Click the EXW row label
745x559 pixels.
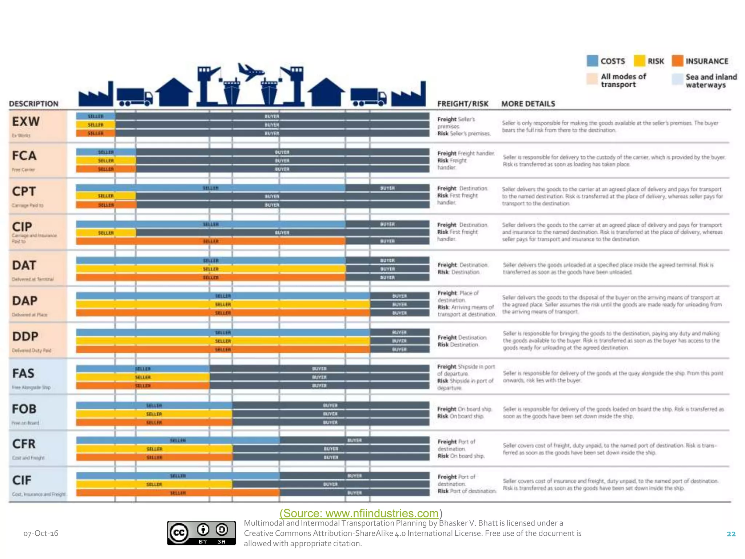click(25, 121)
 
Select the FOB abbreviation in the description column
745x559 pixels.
click(24, 409)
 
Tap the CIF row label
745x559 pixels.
click(22, 480)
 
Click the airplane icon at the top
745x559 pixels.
click(251, 71)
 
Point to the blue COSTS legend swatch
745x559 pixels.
click(592, 61)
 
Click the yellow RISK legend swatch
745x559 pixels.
click(639, 61)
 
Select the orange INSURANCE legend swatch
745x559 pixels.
click(677, 61)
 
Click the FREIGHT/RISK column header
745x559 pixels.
click(462, 104)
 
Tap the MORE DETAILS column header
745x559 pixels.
click(528, 104)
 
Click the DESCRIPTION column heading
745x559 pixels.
click(33, 104)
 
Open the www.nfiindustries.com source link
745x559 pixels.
click(359, 513)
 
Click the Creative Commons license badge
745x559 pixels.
click(201, 533)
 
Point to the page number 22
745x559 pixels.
click(731, 534)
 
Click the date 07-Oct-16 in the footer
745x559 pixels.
click(41, 533)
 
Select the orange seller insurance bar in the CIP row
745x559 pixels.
click(210, 241)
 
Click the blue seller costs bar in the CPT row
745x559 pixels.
click(210, 188)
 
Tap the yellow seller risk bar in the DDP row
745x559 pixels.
click(223, 341)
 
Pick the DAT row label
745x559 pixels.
click(24, 265)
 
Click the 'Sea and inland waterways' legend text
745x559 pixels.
click(711, 81)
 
